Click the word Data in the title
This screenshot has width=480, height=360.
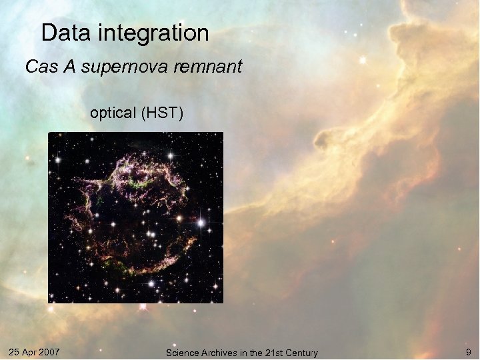click(62, 33)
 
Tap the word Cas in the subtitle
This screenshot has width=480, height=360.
click(38, 67)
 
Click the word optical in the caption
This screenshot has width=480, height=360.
click(113, 113)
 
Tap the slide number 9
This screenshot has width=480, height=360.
click(468, 351)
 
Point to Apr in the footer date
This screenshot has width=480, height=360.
click(31, 351)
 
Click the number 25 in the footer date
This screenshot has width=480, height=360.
click(14, 351)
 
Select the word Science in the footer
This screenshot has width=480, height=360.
click(181, 353)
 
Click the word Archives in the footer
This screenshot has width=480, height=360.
click(218, 353)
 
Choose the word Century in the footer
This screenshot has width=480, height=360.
click(302, 353)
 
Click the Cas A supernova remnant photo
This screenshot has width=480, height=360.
click(135, 217)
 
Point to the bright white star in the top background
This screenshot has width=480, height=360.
click(363, 59)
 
